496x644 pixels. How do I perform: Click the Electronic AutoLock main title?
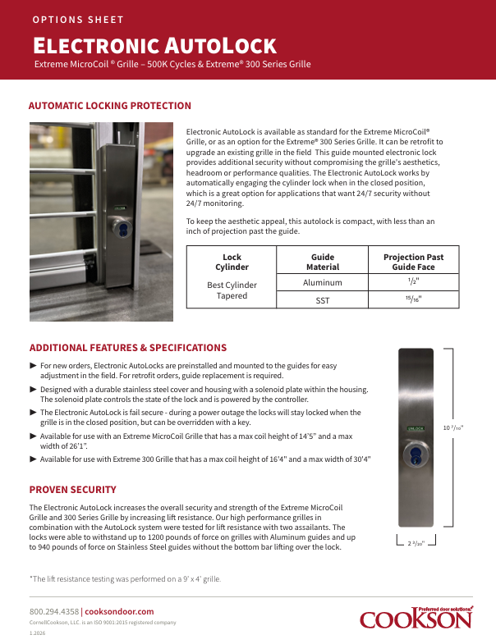coord(154,44)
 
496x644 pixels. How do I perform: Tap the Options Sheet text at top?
coord(79,19)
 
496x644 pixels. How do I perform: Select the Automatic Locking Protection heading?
coord(110,106)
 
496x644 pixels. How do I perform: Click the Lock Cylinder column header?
coord(232,262)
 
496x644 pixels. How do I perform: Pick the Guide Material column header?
coord(323,262)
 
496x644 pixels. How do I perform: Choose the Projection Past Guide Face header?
coord(413,262)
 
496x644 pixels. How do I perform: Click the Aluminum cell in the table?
coord(323,282)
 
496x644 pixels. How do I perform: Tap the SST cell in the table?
coord(323,301)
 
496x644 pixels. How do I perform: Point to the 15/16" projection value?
coord(413,300)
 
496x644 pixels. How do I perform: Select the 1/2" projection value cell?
coord(413,281)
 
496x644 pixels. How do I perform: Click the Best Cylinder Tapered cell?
coord(232,290)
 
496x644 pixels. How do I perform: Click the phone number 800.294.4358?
coord(54,611)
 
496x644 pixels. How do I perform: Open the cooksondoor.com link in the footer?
coord(120,611)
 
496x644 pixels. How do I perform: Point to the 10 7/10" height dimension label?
coord(453,427)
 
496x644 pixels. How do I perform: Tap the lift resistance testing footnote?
coord(125,578)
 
